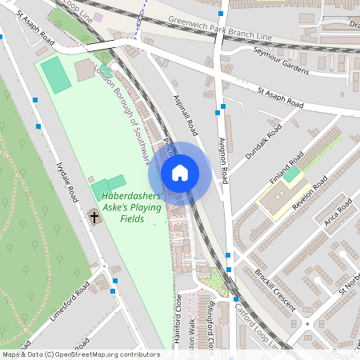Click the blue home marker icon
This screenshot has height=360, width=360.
(180, 173)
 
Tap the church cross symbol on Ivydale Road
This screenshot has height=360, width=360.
(94, 216)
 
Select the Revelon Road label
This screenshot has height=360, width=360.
(310, 193)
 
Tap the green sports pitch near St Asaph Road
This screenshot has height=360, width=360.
(56, 74)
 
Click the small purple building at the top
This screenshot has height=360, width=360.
(98, 17)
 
